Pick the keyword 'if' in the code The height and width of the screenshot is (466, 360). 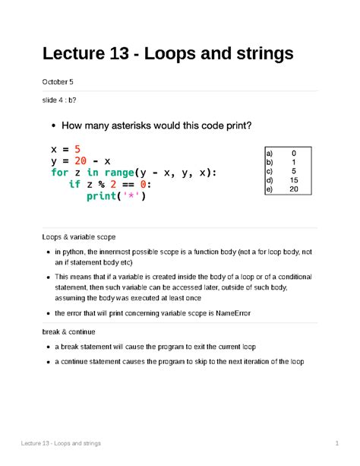point(74,185)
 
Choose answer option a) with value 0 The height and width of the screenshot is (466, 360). point(280,153)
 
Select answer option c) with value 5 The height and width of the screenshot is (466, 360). point(280,171)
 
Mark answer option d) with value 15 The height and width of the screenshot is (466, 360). point(280,180)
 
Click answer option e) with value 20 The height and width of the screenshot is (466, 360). point(280,189)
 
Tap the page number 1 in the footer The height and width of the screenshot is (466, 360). point(335,443)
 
